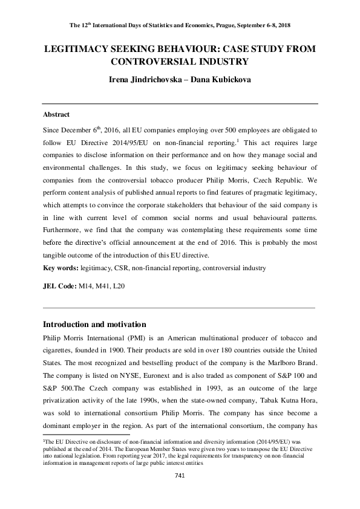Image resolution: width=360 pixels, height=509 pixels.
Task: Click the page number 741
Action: pyautogui.click(x=180, y=476)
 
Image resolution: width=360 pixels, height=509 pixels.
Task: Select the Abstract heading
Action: pyautogui.click(x=56, y=114)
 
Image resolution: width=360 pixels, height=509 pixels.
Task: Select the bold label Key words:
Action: pyautogui.click(x=61, y=268)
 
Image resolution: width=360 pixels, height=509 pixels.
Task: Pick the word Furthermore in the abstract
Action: pyautogui.click(x=62, y=230)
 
